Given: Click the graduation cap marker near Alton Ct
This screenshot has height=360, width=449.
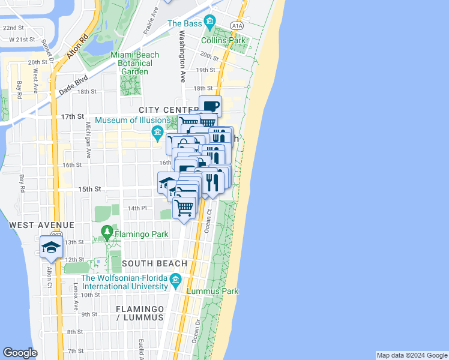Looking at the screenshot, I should [x=52, y=247].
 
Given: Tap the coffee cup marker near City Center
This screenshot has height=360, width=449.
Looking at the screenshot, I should [x=210, y=106].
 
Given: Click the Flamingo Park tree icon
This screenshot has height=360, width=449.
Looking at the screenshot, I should [x=107, y=231].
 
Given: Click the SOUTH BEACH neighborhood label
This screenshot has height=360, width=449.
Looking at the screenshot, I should [x=154, y=263].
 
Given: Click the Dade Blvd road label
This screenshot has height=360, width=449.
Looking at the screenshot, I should [x=74, y=84].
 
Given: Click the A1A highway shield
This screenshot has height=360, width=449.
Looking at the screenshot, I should [x=237, y=26].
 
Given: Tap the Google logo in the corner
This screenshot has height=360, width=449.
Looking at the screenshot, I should [x=20, y=353].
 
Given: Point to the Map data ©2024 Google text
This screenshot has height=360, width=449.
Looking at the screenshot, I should [x=411, y=355].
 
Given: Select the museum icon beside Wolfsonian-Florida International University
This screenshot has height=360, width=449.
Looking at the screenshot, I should [x=175, y=279].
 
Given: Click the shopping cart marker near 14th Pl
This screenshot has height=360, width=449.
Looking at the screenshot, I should [x=184, y=208].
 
